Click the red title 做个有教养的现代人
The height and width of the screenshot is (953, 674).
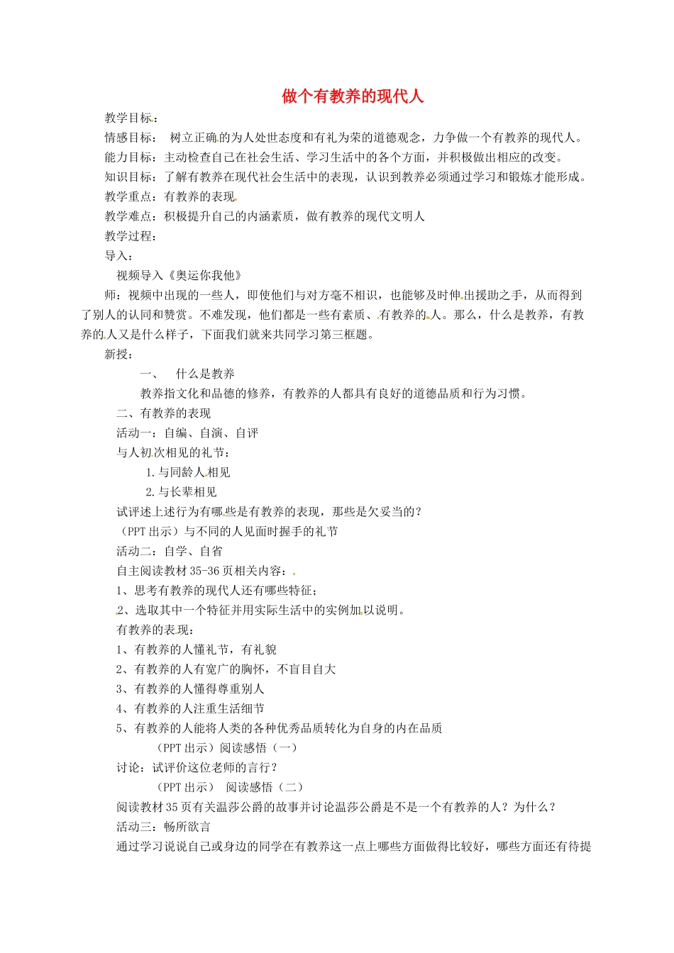[353, 96]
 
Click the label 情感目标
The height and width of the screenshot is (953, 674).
[128, 138]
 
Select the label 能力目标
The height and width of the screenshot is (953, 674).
[128, 157]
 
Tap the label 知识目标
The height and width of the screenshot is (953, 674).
[128, 177]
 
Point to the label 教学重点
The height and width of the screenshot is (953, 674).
[128, 196]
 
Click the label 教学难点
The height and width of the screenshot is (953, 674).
[128, 216]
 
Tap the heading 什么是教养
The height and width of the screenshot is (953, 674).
[205, 374]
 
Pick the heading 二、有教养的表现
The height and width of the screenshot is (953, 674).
[164, 413]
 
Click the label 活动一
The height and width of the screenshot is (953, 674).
[134, 433]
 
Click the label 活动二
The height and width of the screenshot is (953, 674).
[134, 551]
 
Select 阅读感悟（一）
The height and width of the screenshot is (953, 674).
[258, 747]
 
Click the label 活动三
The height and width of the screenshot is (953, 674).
[134, 826]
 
